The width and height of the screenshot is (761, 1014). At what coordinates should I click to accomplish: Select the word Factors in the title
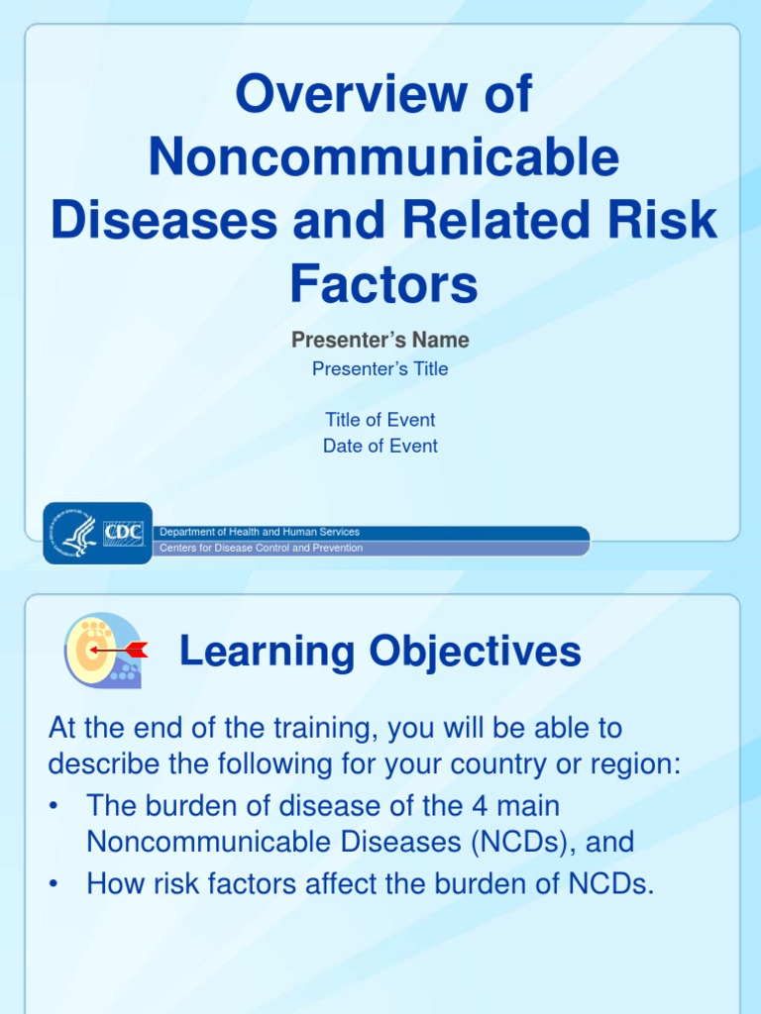click(383, 283)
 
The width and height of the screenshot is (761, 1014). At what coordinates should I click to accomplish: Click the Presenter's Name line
click(380, 341)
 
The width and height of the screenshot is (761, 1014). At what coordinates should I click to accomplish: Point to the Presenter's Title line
click(380, 369)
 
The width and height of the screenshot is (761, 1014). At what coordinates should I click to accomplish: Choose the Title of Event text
click(380, 420)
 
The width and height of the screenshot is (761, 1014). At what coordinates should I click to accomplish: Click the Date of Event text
click(380, 447)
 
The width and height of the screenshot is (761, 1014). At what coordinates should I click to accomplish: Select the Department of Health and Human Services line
click(261, 533)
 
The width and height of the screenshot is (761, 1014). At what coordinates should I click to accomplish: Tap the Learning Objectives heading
click(380, 652)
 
